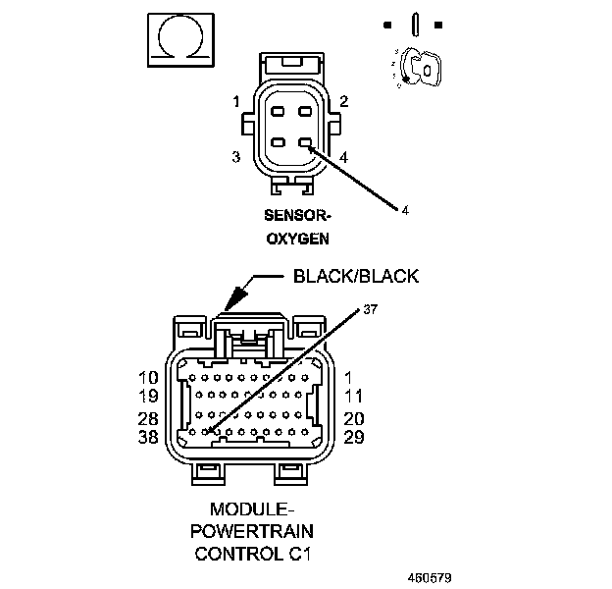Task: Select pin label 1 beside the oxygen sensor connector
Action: click(x=236, y=101)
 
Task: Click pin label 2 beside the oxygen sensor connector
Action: click(x=344, y=101)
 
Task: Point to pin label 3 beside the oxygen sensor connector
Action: click(x=236, y=157)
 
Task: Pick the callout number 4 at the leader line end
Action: click(x=403, y=209)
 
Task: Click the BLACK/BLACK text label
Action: click(x=356, y=276)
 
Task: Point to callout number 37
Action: click(x=370, y=310)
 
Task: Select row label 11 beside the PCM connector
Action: click(x=354, y=398)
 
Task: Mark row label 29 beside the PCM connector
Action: click(x=354, y=437)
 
